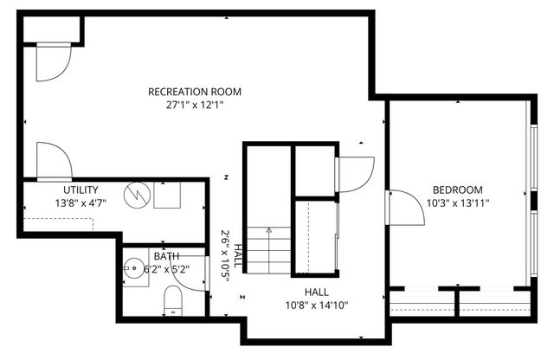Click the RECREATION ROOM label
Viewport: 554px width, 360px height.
click(x=194, y=92)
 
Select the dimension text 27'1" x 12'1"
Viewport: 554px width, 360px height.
click(x=194, y=106)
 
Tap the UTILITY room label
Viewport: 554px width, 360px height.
click(x=81, y=190)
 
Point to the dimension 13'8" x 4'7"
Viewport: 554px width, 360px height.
click(x=81, y=204)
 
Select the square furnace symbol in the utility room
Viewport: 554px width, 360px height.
click(x=167, y=196)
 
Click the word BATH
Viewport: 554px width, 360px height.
click(x=167, y=256)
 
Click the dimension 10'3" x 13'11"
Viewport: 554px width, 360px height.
click(x=458, y=204)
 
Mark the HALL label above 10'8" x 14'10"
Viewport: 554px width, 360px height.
click(x=316, y=292)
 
